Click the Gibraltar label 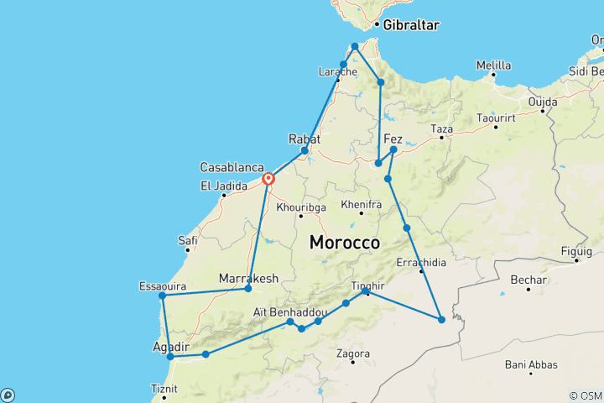(x=411, y=26)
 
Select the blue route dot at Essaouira (x=162, y=296)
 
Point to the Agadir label (x=171, y=346)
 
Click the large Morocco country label (x=346, y=242)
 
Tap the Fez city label (x=393, y=139)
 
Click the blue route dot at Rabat (x=305, y=150)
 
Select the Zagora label (x=352, y=353)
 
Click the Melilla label (x=493, y=65)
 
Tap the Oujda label (x=542, y=102)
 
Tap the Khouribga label (x=300, y=205)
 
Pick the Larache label (x=337, y=72)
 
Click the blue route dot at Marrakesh (x=247, y=289)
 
